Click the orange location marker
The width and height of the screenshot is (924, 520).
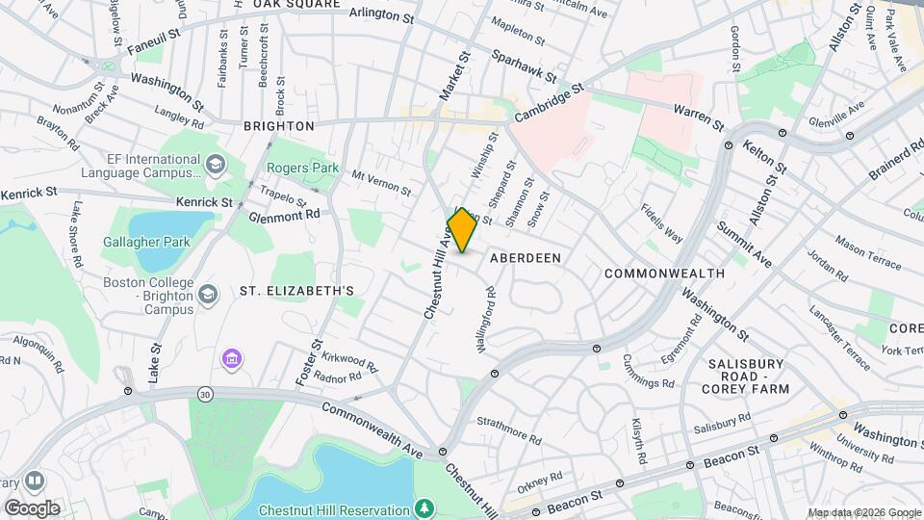point(462,230)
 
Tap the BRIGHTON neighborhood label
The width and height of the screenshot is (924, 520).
point(279,126)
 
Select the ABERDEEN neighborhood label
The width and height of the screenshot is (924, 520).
point(525,258)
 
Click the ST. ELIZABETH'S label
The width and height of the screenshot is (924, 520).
point(297,291)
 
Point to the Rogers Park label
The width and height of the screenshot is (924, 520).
point(303,168)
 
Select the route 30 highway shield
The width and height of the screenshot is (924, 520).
point(206,394)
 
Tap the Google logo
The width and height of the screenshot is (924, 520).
point(32,507)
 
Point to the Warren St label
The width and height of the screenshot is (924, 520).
point(698,117)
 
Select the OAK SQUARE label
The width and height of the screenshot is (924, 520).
point(296,5)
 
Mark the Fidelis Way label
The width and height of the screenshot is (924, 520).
point(663,222)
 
